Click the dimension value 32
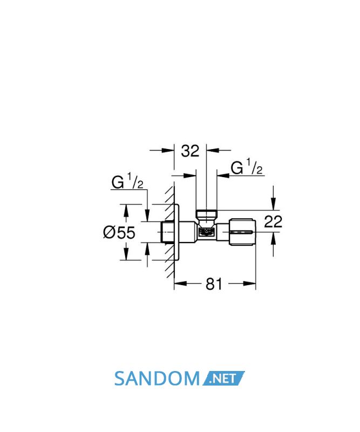pyautogui.click(x=190, y=151)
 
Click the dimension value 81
pyautogui.click(x=214, y=284)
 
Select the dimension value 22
pyautogui.click(x=273, y=221)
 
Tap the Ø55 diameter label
pyautogui.click(x=119, y=232)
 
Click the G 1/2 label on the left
pyautogui.click(x=127, y=181)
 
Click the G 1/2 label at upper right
pyautogui.click(x=247, y=167)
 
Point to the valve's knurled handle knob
pyautogui.click(x=242, y=232)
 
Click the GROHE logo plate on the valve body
pyautogui.click(x=206, y=232)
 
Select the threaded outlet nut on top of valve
pyautogui.click(x=206, y=213)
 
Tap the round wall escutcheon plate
pyautogui.click(x=177, y=232)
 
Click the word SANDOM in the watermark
pyautogui.click(x=157, y=379)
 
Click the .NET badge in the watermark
pyautogui.click(x=223, y=379)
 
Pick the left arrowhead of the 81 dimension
pyautogui.click(x=180, y=283)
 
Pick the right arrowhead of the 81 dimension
pyautogui.click(x=249, y=283)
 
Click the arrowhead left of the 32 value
pyautogui.click(x=168, y=151)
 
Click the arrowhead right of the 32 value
pyautogui.click(x=213, y=151)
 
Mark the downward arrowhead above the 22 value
pyautogui.click(x=273, y=204)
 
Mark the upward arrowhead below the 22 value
pyautogui.click(x=273, y=239)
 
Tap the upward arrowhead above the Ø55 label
pyautogui.click(x=126, y=211)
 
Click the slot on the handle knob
pyautogui.click(x=242, y=232)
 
